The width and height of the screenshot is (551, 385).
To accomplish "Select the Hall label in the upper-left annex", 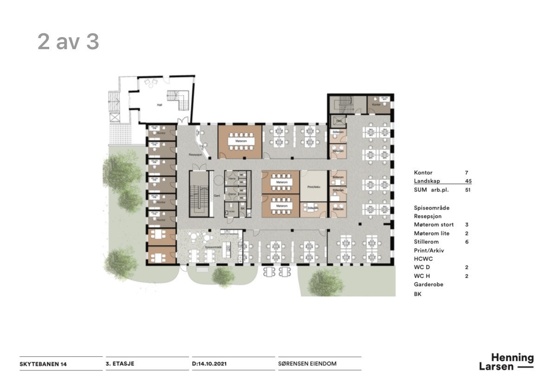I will click(160, 105).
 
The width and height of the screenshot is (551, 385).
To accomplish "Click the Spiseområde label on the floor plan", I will click(213, 247).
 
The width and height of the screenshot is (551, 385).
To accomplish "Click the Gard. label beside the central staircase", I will click(216, 195).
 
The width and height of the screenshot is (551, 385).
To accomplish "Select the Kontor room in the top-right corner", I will click(380, 105).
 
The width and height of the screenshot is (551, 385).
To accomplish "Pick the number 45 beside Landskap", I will click(468, 181).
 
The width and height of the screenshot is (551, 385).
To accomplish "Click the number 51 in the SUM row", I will click(468, 190).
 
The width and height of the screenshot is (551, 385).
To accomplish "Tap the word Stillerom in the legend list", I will click(426, 242).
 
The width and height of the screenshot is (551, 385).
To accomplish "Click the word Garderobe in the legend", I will click(428, 284).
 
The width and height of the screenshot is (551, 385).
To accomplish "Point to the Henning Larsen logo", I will click(507, 362).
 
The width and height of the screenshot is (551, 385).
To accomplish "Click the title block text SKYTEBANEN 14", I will click(43, 364).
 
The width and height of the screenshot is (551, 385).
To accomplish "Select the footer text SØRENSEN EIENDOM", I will click(307, 364).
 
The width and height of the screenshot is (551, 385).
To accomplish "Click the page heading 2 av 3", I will click(68, 42).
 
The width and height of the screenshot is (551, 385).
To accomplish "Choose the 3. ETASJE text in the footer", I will click(120, 364).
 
